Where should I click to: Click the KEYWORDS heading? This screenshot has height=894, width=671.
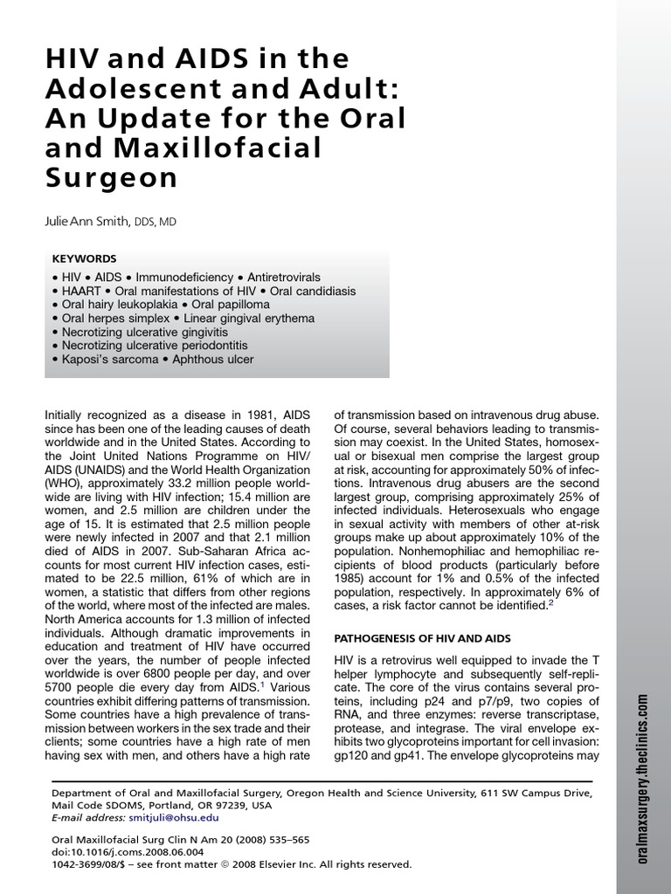85,258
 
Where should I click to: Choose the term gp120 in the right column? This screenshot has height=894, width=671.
354,758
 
